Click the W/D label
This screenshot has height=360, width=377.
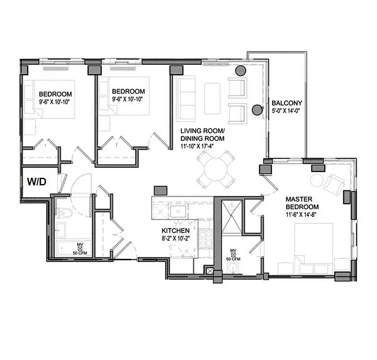pos(37,181)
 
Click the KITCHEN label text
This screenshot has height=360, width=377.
pos(175,231)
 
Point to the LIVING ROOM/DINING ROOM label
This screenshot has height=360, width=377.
pos(202,135)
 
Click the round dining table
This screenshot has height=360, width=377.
pos(216,170)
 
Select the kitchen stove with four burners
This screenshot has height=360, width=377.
pos(206,238)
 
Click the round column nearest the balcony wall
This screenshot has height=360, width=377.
pos(257,109)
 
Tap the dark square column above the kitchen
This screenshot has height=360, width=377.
pos(161,190)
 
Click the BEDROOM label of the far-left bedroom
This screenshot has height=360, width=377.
pos(55,94)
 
